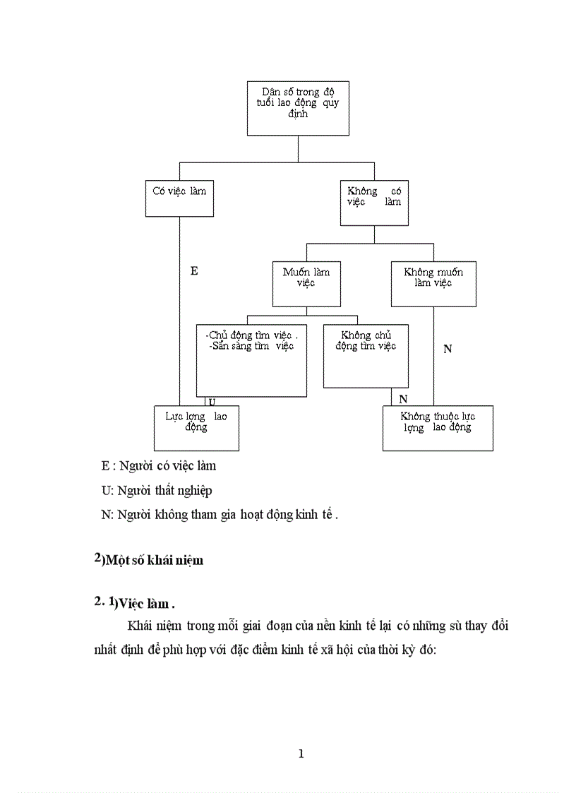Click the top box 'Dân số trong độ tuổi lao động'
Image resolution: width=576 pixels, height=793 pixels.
pos(298,107)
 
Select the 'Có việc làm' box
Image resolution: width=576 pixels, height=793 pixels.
pos(179,198)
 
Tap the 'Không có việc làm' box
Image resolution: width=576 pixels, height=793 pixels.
pos(374,203)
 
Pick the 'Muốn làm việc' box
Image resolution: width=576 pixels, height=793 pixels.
pos(306,284)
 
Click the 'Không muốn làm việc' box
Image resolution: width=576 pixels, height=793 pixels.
pos(433,284)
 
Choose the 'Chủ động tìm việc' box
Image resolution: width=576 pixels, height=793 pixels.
pos(251,360)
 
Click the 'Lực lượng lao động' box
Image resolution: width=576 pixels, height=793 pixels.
pos(196,428)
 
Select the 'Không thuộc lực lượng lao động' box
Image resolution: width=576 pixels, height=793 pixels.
pos(438,428)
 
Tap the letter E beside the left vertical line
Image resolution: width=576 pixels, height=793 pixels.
pos(194,270)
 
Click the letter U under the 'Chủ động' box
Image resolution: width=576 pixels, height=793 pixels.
pos(211,401)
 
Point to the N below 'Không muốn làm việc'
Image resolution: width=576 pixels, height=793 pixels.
pos(448,349)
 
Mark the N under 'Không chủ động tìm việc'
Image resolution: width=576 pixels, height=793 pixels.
pos(403,399)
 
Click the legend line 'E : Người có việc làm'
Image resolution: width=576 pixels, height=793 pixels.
pos(159,466)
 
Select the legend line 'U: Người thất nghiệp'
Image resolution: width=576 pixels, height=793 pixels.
pos(157,490)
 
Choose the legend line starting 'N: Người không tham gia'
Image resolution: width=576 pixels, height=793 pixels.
pos(220,515)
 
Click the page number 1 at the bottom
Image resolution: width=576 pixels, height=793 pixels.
pos(301,753)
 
